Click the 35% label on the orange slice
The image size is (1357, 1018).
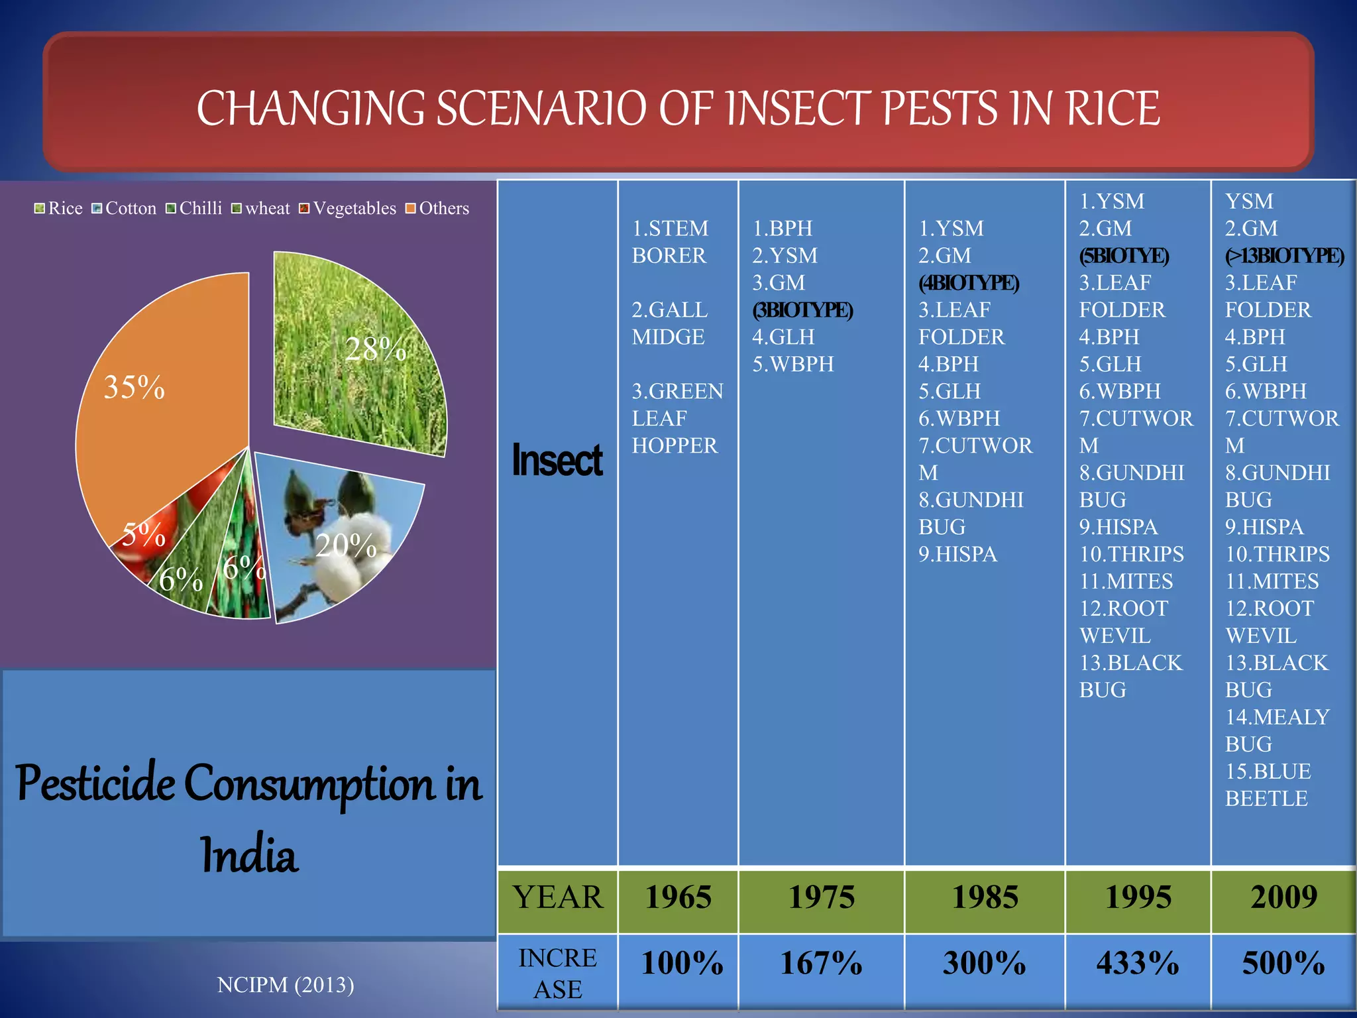(135, 387)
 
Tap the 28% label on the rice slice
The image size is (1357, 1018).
(376, 349)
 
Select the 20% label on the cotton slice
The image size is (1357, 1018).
(346, 545)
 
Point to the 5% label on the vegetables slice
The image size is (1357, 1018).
(143, 534)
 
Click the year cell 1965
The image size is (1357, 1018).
(678, 897)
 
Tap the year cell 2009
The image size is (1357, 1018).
(1283, 897)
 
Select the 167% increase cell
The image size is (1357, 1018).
(821, 963)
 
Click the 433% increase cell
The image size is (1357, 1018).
(1138, 963)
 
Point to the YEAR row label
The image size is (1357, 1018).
(558, 897)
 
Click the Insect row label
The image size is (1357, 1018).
(557, 460)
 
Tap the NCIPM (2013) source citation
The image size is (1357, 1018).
(286, 985)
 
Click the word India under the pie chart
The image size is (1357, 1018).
(249, 855)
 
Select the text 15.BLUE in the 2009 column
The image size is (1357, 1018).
(1268, 771)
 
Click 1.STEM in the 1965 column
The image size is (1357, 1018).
(670, 229)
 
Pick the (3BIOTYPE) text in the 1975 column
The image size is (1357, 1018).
(802, 310)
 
